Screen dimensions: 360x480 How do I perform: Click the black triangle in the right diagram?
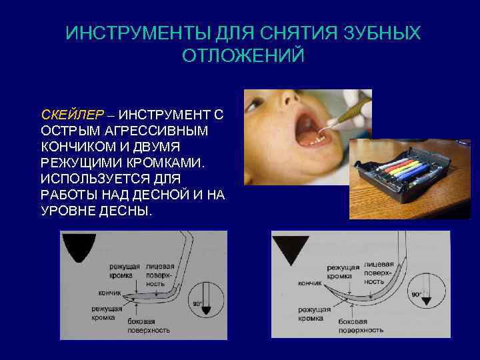[291, 252]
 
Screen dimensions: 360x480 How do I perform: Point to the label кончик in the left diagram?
[109, 292]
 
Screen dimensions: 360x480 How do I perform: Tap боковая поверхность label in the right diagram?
[360, 326]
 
